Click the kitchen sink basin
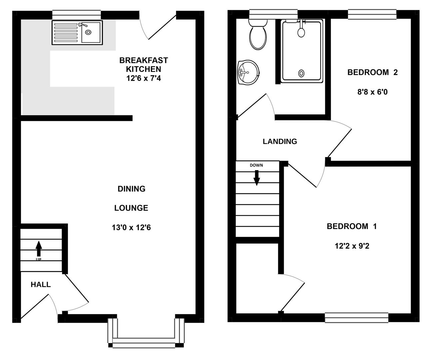point(90,32)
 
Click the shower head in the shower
point(301,32)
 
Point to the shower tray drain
point(302,73)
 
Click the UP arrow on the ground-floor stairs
point(39,248)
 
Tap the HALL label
point(41,285)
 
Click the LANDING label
point(280,141)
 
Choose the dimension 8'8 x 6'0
point(372,92)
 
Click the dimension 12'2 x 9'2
point(352,246)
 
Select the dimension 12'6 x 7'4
point(144,79)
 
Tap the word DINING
point(131,189)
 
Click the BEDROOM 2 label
point(372,72)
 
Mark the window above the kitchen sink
point(76,15)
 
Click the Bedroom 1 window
point(356,317)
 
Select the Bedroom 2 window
point(372,14)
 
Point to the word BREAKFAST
point(144,60)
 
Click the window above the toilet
point(273,14)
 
